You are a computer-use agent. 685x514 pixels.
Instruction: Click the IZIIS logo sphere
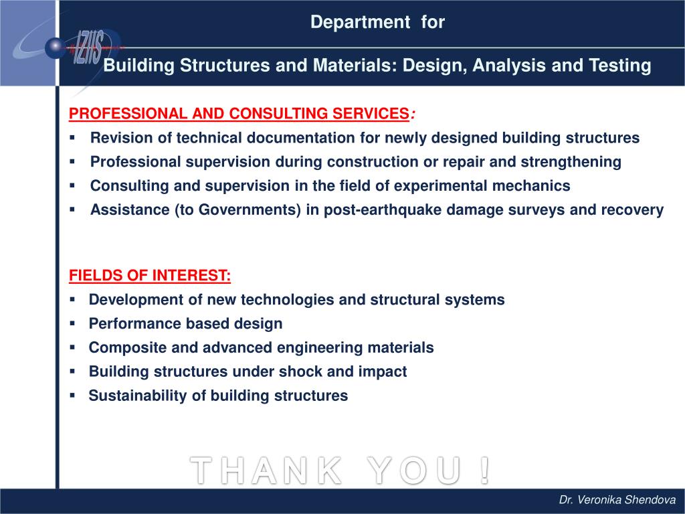click(x=55, y=46)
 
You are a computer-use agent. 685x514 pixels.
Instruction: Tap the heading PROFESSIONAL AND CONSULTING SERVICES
click(x=239, y=114)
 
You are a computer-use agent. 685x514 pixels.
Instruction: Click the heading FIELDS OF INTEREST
click(x=151, y=276)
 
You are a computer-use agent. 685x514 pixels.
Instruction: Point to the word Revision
click(x=118, y=138)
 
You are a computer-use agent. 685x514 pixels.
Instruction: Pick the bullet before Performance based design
click(x=73, y=323)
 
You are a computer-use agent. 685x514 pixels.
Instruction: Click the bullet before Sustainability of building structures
click(x=73, y=396)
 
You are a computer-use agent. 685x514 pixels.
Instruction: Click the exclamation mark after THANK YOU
click(x=484, y=470)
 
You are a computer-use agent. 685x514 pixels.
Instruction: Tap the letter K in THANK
click(x=327, y=470)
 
